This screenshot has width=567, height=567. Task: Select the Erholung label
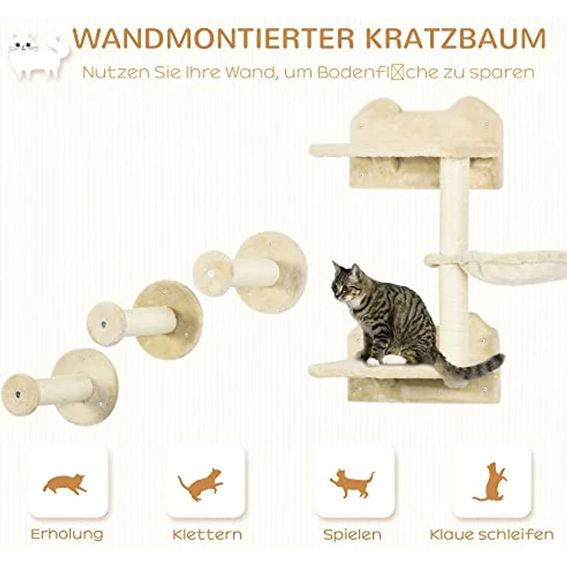(66, 534)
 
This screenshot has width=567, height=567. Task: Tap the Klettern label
(206, 534)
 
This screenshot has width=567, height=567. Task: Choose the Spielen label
(352, 534)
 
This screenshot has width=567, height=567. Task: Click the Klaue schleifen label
(492, 534)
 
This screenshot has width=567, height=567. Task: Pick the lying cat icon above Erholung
(65, 484)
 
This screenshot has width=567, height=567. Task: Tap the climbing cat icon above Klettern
(202, 484)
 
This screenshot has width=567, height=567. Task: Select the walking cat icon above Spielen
(352, 483)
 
